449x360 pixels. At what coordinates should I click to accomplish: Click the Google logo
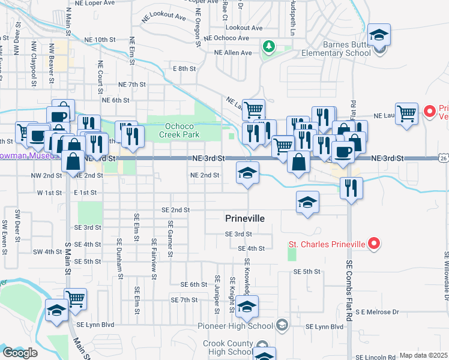19,353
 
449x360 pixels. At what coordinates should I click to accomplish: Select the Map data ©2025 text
423,355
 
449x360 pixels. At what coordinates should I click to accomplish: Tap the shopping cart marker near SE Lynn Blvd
76,299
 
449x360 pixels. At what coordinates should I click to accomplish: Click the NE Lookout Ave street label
164,17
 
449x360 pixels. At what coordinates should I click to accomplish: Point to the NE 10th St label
100,40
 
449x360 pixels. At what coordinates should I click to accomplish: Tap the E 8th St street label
184,69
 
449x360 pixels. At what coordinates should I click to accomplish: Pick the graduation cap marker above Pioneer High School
247,306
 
